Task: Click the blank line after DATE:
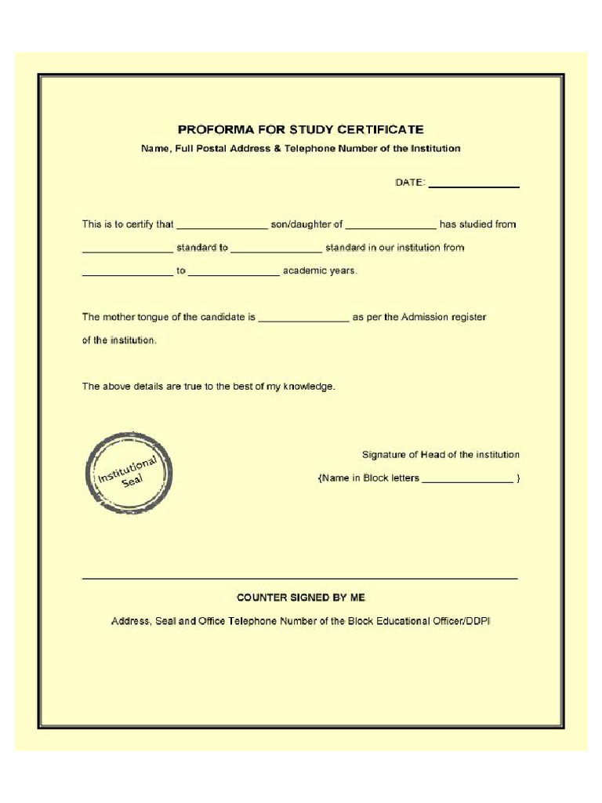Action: (x=473, y=187)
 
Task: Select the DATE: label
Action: (x=409, y=183)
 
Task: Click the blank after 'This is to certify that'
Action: (x=222, y=227)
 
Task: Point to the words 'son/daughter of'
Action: (x=306, y=224)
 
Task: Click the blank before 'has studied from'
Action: (x=390, y=227)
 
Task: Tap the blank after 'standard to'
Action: (x=276, y=251)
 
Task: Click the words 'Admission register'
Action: (x=444, y=318)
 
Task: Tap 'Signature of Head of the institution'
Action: (x=441, y=455)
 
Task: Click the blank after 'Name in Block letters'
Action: (x=467, y=481)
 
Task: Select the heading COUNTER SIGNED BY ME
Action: (x=301, y=598)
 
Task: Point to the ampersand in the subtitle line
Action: (x=277, y=148)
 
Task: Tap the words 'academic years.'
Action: (x=320, y=271)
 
